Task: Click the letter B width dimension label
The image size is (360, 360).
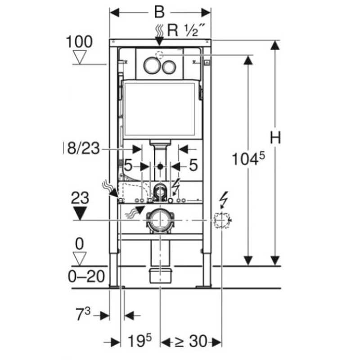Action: click(160, 12)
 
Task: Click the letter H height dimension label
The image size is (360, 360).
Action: click(275, 138)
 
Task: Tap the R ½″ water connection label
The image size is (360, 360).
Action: click(186, 30)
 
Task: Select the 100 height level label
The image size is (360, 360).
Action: click(79, 42)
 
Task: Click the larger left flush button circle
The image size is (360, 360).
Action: click(152, 65)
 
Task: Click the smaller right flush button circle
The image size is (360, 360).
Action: click(169, 67)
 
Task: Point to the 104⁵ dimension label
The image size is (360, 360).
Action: click(248, 158)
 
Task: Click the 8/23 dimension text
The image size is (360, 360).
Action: click(83, 148)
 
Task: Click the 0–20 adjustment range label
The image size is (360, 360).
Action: click(86, 276)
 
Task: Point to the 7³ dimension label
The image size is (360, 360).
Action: click(83, 314)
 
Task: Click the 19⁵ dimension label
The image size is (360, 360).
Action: click(139, 341)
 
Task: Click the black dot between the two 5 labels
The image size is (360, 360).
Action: click(160, 166)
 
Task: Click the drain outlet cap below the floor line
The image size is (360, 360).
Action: click(160, 275)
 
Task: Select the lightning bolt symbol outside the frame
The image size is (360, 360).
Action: click(224, 199)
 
